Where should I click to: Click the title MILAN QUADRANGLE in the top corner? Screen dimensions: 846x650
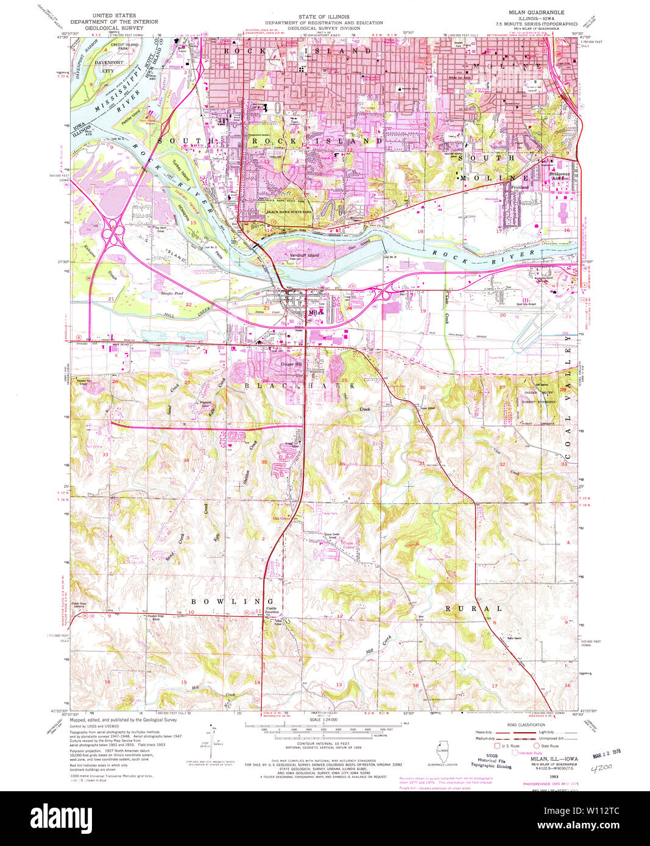point(536,12)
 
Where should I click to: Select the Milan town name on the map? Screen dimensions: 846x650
point(315,313)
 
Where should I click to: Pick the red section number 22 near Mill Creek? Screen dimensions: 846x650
point(189,304)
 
